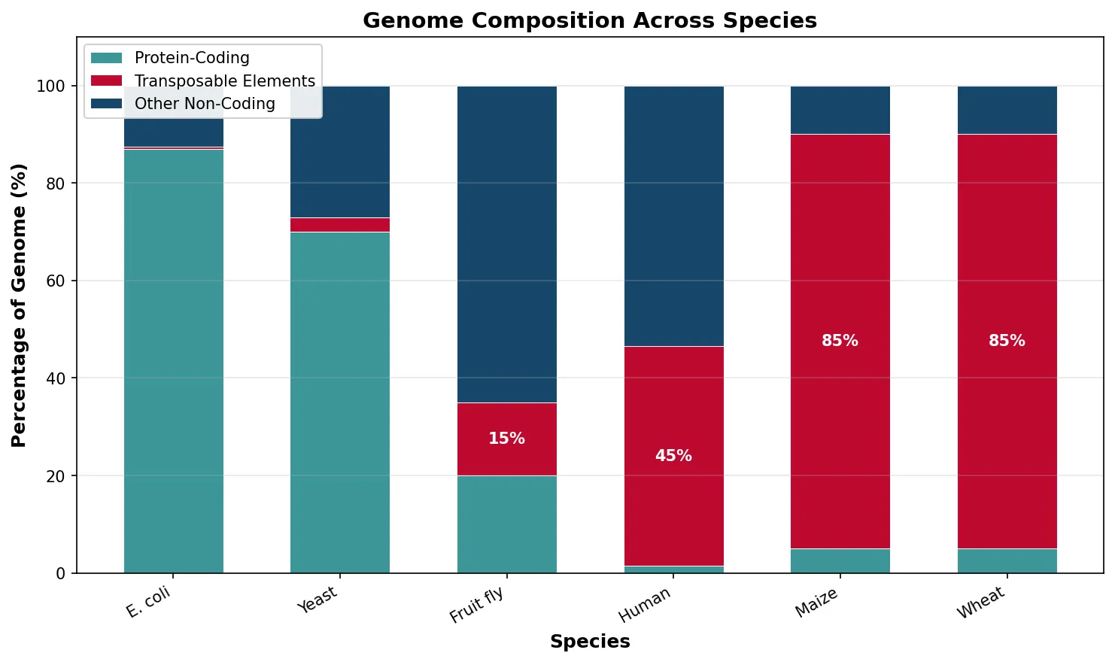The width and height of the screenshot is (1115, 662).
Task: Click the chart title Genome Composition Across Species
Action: [x=589, y=20]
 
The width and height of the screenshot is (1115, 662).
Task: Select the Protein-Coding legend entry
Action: [x=191, y=58]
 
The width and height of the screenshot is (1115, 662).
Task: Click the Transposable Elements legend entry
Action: [x=224, y=81]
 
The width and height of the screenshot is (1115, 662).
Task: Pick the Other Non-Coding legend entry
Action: [x=204, y=104]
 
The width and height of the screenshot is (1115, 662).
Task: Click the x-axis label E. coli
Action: [x=149, y=602]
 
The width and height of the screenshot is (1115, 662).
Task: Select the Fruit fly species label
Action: [x=476, y=605]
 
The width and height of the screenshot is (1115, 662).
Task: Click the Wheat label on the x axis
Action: [x=980, y=603]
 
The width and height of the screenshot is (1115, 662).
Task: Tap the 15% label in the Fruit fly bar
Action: [x=506, y=439]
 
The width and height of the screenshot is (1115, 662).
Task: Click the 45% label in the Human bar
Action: [x=673, y=456]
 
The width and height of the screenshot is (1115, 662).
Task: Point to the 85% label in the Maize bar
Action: [x=840, y=341]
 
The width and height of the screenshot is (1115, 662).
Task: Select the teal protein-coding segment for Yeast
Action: [x=340, y=402]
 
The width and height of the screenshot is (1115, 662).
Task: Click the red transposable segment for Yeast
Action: [x=340, y=225]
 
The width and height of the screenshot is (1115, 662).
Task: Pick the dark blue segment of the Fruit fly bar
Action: [x=506, y=244]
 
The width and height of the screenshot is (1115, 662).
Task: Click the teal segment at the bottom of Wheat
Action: [x=1007, y=561]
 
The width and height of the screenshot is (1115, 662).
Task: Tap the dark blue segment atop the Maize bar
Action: [x=840, y=111]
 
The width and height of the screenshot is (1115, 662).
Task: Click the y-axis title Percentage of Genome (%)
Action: [x=20, y=305]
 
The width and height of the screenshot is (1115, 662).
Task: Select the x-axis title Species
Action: [x=589, y=642]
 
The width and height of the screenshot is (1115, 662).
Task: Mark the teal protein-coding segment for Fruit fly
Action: [x=506, y=524]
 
